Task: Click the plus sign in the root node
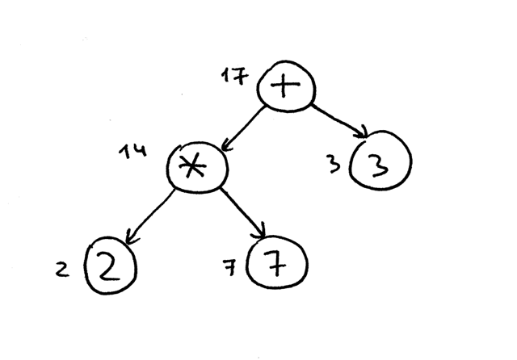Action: (x=285, y=86)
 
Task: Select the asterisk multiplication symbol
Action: (x=192, y=165)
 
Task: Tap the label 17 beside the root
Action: (x=235, y=76)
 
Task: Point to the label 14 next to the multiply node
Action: (x=132, y=151)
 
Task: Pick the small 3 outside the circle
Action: (x=334, y=164)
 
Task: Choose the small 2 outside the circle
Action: (x=62, y=270)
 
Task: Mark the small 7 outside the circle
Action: (x=229, y=267)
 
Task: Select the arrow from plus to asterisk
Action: (x=243, y=128)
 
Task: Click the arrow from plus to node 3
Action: (x=339, y=121)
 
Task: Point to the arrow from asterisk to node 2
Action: (x=149, y=217)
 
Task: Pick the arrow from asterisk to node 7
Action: (x=242, y=213)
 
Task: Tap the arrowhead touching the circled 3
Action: (x=363, y=132)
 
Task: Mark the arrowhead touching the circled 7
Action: (x=260, y=232)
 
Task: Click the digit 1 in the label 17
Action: (x=226, y=75)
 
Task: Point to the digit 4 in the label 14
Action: (x=140, y=150)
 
